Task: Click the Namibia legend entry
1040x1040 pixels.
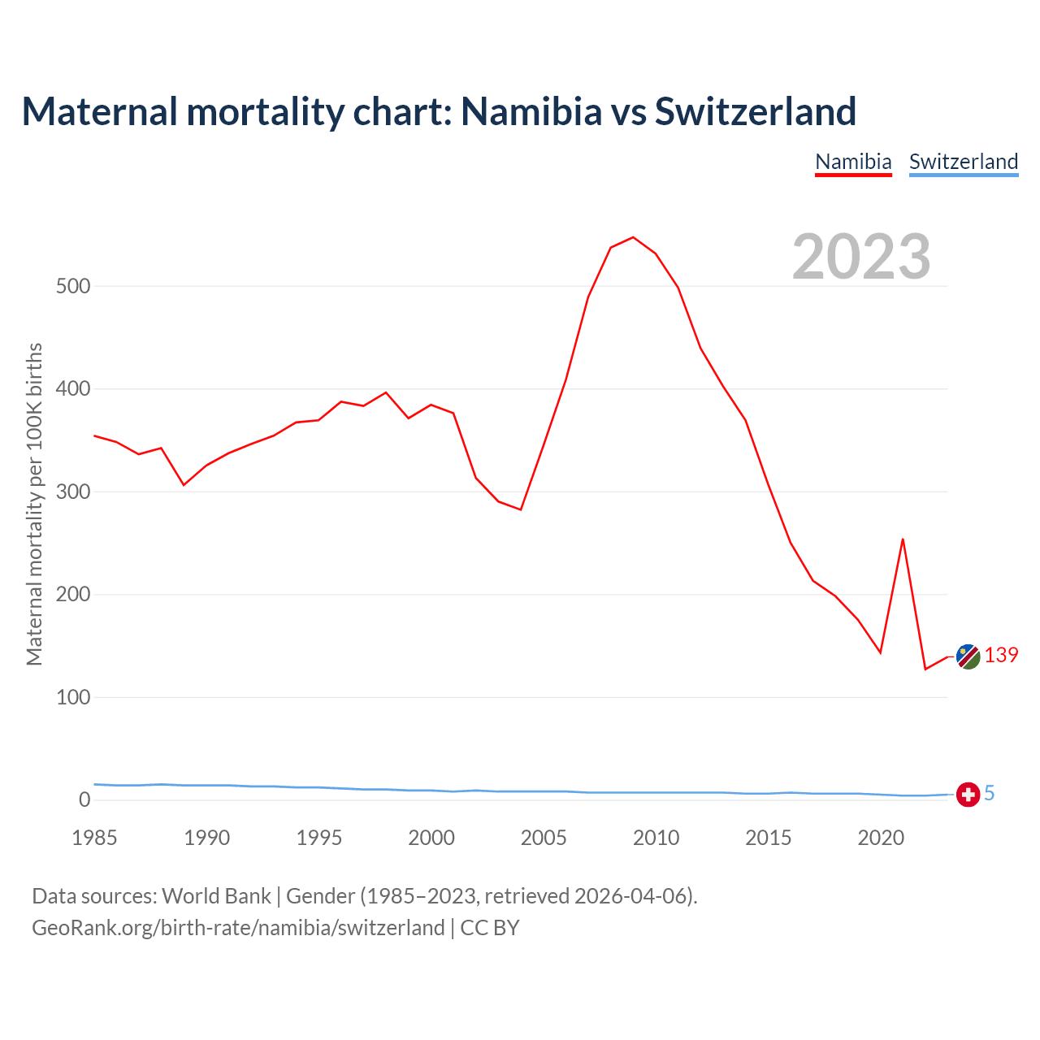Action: click(853, 162)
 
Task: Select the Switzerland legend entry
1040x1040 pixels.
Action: click(963, 162)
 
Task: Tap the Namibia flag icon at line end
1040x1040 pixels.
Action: click(968, 656)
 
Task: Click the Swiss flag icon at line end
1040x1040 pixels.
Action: click(968, 794)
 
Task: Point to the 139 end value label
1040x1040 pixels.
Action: click(1001, 656)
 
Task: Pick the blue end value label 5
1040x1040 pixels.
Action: click(990, 793)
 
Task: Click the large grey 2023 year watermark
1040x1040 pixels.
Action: click(861, 257)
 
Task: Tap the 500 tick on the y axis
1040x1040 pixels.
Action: click(73, 286)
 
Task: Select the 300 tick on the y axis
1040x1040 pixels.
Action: click(73, 492)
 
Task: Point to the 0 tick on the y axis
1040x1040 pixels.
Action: click(84, 799)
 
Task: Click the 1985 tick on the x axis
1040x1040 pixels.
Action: click(95, 838)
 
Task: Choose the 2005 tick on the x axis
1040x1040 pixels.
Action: click(544, 838)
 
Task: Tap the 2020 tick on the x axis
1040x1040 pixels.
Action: click(881, 838)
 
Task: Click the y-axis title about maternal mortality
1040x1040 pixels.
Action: click(34, 504)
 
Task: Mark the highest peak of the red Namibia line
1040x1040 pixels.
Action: click(633, 237)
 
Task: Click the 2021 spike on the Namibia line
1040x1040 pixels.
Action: click(903, 539)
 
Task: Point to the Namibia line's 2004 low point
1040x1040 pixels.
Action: click(520, 509)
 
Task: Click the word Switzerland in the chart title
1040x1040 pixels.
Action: click(756, 111)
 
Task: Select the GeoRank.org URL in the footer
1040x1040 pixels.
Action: click(238, 928)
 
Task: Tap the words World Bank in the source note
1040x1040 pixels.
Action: click(216, 896)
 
